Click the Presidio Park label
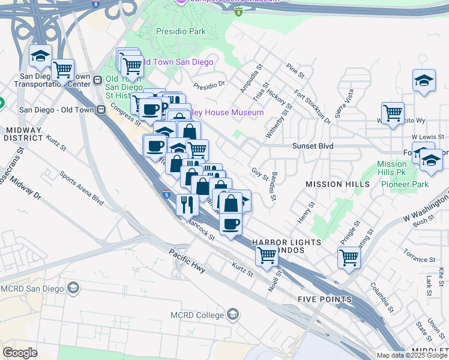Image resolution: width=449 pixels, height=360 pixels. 179,31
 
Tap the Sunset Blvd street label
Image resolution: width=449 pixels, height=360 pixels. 313,146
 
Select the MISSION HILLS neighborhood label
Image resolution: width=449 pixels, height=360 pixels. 333,184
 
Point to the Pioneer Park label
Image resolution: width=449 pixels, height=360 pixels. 405,184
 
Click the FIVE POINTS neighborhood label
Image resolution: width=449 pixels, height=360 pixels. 325,299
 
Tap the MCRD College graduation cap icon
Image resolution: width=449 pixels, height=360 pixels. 233,314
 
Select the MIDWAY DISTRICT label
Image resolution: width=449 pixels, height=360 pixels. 23,134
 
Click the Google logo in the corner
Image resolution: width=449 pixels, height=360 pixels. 20,353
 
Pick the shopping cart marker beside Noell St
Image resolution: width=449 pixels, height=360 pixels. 267,256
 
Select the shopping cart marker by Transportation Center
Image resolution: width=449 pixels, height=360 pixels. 62,70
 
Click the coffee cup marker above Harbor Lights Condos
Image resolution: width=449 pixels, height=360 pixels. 231,224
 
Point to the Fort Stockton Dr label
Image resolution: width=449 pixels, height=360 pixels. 312,107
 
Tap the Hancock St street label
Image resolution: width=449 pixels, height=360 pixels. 200,229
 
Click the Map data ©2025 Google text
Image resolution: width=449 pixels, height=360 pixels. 411,355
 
